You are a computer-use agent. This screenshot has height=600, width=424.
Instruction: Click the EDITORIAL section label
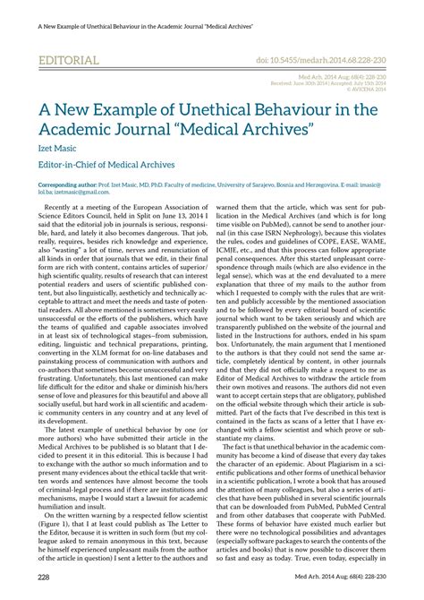(68, 61)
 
